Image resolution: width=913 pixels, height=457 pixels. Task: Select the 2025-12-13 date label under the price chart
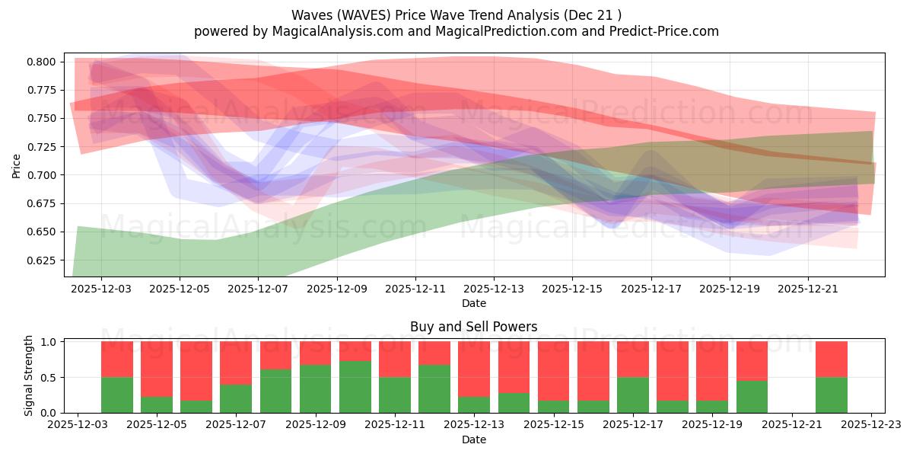click(494, 289)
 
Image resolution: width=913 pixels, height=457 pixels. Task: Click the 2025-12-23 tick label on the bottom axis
click(871, 425)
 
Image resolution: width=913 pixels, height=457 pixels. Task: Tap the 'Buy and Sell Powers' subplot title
click(473, 327)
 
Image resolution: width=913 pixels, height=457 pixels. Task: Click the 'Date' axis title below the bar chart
click(473, 439)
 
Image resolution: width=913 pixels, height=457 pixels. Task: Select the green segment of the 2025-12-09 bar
click(316, 388)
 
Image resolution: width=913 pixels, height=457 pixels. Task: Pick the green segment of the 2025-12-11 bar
click(395, 395)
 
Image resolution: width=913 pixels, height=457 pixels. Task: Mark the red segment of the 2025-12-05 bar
click(157, 369)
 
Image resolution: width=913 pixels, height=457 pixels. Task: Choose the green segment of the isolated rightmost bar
click(832, 395)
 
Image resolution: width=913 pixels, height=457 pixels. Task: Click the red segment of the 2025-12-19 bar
click(712, 370)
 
